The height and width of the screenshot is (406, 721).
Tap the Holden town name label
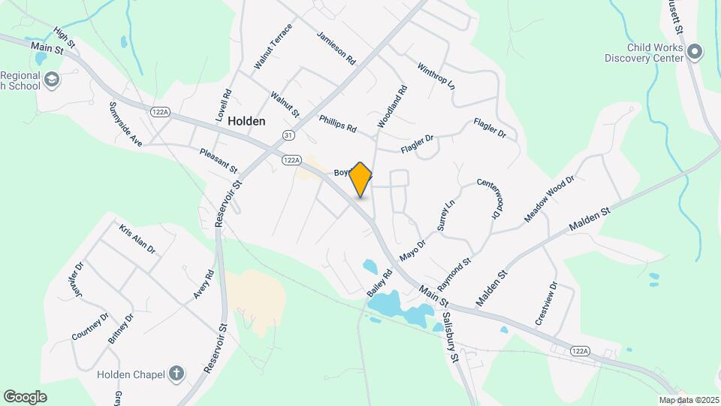(246, 120)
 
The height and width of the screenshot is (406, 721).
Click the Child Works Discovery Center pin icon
(695, 52)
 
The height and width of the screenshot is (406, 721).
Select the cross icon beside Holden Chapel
(176, 373)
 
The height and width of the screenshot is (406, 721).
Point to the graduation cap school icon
(51, 80)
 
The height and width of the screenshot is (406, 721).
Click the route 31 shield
(288, 135)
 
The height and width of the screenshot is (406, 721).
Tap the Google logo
(25, 396)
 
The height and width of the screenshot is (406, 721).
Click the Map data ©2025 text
(687, 400)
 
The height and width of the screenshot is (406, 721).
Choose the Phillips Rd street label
(337, 123)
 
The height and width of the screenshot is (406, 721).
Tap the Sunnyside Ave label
(125, 123)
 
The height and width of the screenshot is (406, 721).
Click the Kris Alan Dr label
(137, 238)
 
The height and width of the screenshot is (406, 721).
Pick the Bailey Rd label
(381, 283)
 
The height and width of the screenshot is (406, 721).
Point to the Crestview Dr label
(546, 303)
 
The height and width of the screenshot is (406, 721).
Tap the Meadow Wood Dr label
(549, 198)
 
